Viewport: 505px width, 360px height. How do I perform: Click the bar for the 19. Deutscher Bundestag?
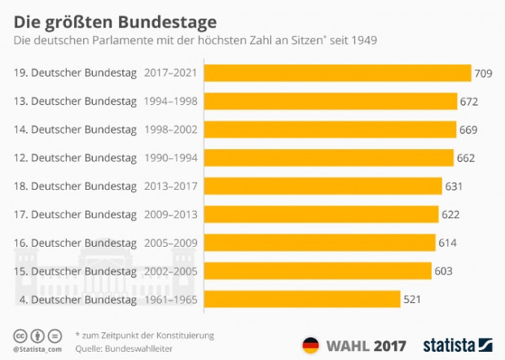coord(337,73)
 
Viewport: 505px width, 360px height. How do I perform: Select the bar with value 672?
coord(330,101)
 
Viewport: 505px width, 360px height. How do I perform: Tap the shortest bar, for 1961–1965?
coord(301,299)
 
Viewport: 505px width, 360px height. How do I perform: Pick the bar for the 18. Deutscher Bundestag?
coord(323,186)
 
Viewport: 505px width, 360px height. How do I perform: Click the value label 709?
coord(484,73)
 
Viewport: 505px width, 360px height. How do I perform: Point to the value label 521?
coord(413,299)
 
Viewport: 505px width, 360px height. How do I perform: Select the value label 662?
coord(466,158)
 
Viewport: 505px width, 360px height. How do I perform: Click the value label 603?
coord(443,270)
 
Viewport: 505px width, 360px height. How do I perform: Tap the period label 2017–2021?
coord(169,73)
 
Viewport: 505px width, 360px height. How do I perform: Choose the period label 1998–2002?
coord(169,130)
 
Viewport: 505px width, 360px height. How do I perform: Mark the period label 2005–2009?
coord(169,243)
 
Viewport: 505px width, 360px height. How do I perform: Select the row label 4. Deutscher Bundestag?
coord(76,299)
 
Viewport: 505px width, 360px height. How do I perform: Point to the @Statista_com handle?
coord(33,349)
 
